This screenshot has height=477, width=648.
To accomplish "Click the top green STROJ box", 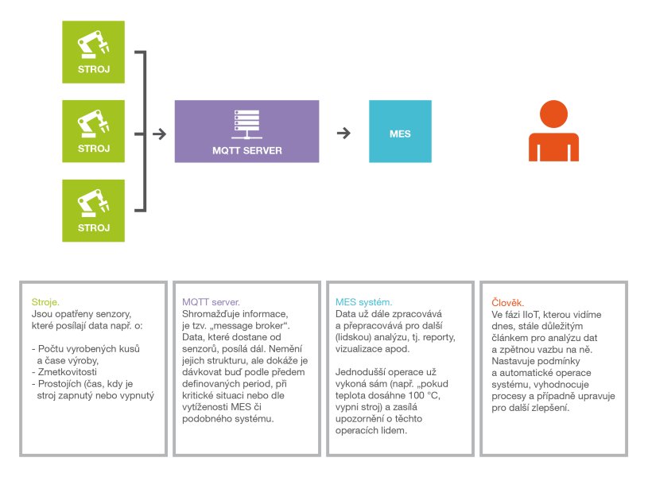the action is point(93,52).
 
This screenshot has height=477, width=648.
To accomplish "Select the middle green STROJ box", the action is point(93,131).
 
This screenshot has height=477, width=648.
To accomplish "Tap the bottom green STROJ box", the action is point(93,211).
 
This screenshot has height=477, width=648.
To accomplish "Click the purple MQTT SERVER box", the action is point(246,131).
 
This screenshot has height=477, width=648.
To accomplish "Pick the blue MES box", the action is point(400,131).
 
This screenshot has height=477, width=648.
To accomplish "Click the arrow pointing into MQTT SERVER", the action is point(160,134).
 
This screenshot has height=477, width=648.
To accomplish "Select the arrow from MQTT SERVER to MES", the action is point(343,133).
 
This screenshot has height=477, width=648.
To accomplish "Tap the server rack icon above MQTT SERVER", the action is point(246,124).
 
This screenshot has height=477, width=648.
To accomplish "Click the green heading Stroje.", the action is point(45,302).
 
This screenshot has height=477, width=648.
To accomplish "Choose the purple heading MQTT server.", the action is point(211,302).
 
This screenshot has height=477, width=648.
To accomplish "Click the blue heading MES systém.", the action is point(363,302).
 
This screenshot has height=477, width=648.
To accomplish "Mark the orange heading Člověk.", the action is point(507,303).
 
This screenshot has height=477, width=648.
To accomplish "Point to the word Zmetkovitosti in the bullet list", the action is point(68,372).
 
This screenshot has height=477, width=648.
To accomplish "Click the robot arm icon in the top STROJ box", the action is point(93,45).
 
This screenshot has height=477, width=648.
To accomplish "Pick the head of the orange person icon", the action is point(553,114).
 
